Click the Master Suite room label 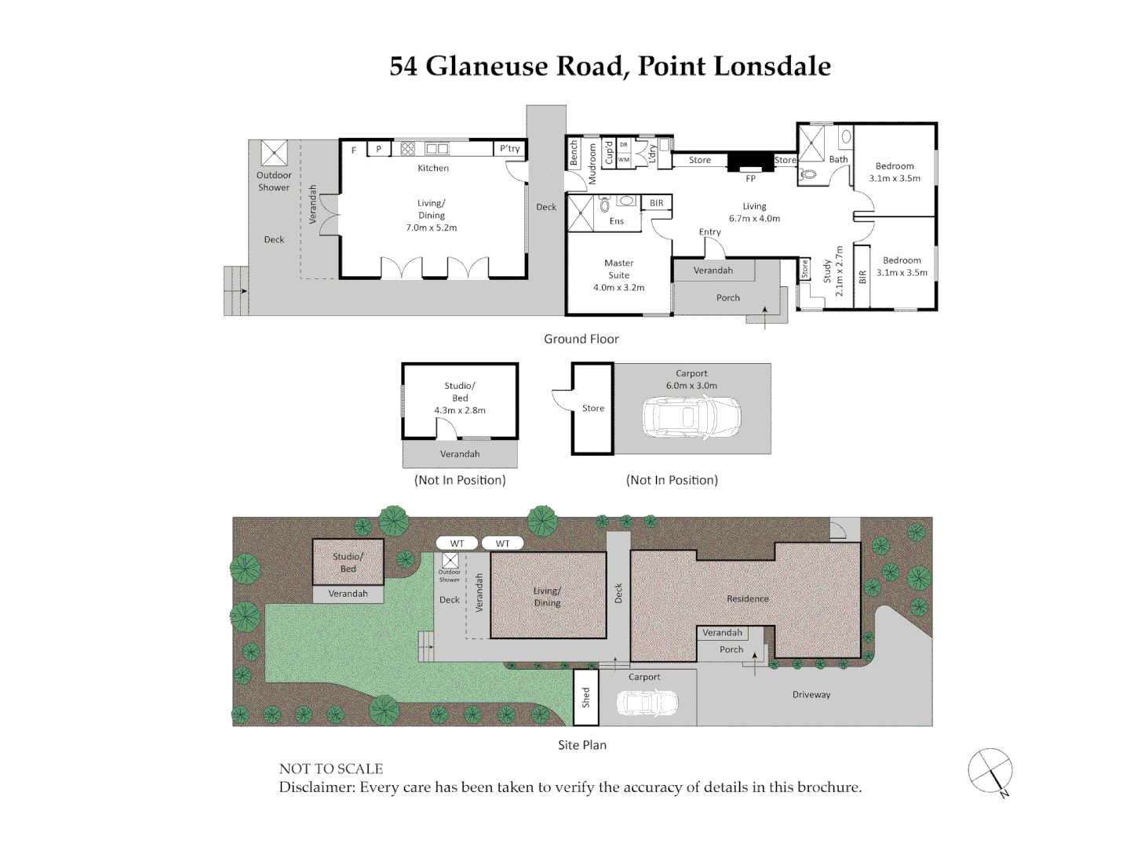pos(618,269)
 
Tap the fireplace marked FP pos(750,162)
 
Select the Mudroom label pos(592,164)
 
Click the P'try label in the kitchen pos(509,148)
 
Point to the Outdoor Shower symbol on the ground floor pos(274,153)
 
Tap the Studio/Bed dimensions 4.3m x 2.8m pos(460,410)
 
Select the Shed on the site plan pos(586,697)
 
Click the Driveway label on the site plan pos(811,695)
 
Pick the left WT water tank pos(457,543)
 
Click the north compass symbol pos(990,772)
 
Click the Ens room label pos(616,221)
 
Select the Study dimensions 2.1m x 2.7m pos(839,271)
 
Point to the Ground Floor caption pos(581,339)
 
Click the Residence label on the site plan pos(748,598)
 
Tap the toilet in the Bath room pos(807,175)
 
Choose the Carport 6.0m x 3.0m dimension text pos(691,386)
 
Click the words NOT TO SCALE pos(331,769)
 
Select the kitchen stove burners pos(408,149)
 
